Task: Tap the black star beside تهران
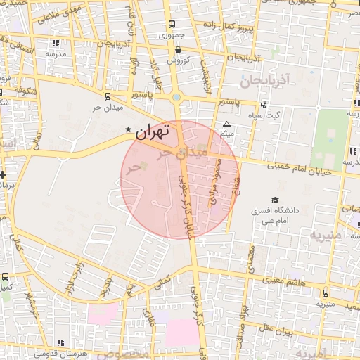click(x=128, y=130)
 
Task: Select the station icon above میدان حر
click(x=107, y=97)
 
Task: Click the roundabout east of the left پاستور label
click(x=176, y=98)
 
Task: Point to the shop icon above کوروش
click(x=177, y=50)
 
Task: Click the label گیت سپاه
click(x=286, y=115)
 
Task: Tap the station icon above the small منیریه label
click(x=325, y=294)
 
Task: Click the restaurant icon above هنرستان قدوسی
click(x=60, y=342)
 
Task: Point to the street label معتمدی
click(x=251, y=257)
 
